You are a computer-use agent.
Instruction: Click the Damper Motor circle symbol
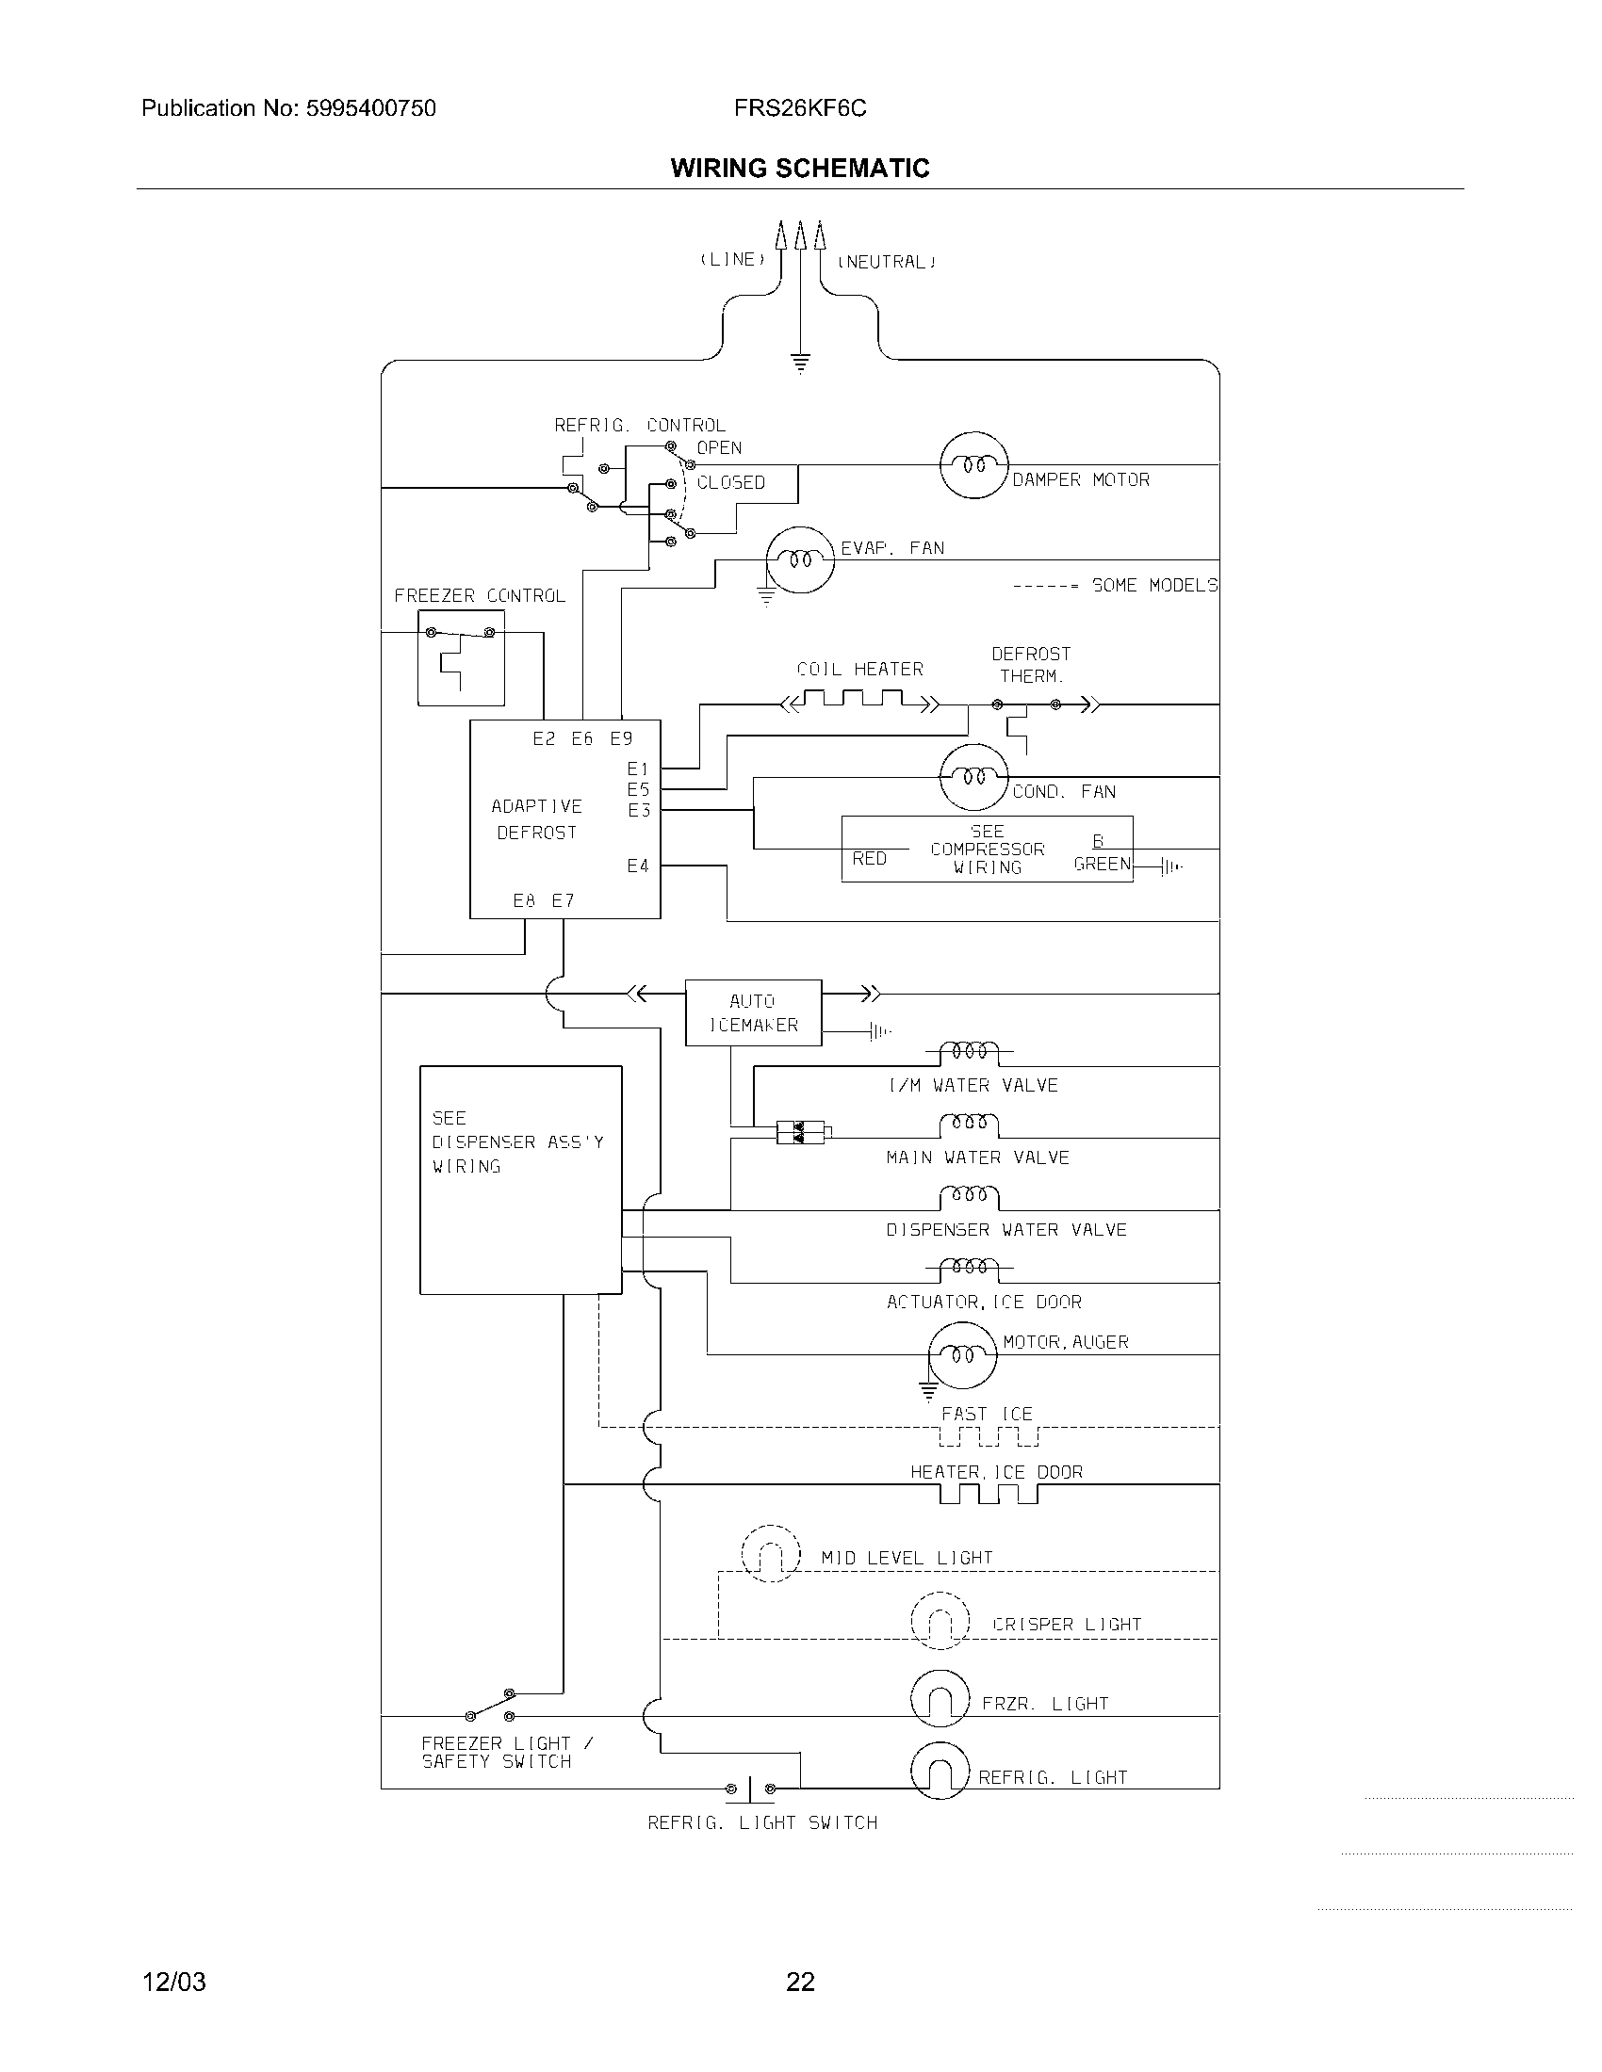(x=973, y=465)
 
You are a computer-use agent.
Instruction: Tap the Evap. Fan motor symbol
(x=800, y=559)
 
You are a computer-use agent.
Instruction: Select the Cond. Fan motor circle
(x=973, y=777)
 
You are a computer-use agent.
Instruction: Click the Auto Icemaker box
(x=754, y=1013)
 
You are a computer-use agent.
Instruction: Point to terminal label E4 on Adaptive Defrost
(x=638, y=866)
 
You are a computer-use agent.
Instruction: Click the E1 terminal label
(x=638, y=769)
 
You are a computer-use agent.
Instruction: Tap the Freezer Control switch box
(x=461, y=657)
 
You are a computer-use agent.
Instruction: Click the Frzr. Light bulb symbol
(x=940, y=1698)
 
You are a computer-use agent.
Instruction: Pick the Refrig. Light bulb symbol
(x=940, y=1771)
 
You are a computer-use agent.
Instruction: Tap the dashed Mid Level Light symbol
(x=771, y=1553)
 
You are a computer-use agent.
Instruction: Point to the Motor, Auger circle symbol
(x=962, y=1354)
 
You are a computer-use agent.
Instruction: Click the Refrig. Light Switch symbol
(x=750, y=1789)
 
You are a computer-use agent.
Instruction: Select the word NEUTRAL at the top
(x=886, y=262)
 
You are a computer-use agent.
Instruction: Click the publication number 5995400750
(x=370, y=108)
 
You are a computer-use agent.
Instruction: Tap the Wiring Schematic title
(x=800, y=168)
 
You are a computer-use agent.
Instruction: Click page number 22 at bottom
(x=800, y=1981)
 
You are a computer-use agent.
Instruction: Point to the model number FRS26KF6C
(x=800, y=108)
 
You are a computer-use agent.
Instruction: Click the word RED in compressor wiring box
(x=870, y=858)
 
